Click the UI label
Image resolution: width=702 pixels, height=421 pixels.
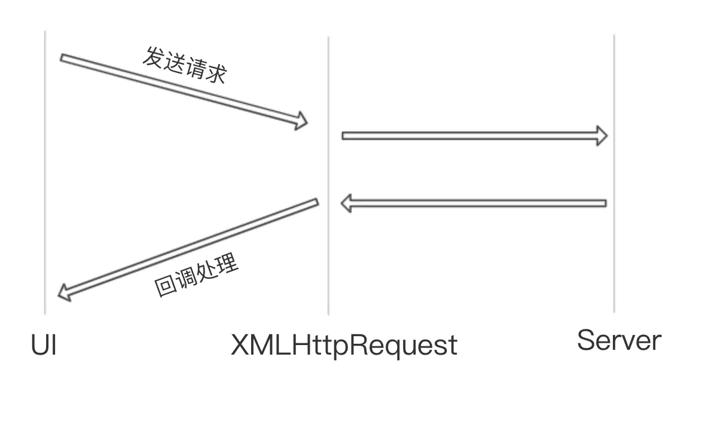click(x=44, y=346)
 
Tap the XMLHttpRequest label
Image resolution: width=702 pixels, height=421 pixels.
click(x=344, y=346)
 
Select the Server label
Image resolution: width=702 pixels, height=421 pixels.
click(x=619, y=340)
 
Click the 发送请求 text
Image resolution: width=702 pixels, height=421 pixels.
click(x=185, y=65)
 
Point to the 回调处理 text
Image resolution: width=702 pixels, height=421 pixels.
click(x=197, y=276)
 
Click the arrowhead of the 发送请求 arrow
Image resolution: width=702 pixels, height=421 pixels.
click(x=301, y=121)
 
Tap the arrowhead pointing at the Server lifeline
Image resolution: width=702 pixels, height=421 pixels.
click(x=601, y=136)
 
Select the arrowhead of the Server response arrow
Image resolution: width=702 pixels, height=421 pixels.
click(x=347, y=203)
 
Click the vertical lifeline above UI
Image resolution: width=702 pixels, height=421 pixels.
click(x=45, y=179)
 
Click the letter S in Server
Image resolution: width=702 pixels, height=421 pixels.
click(x=586, y=340)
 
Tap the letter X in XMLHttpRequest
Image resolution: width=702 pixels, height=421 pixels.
click(x=240, y=346)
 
